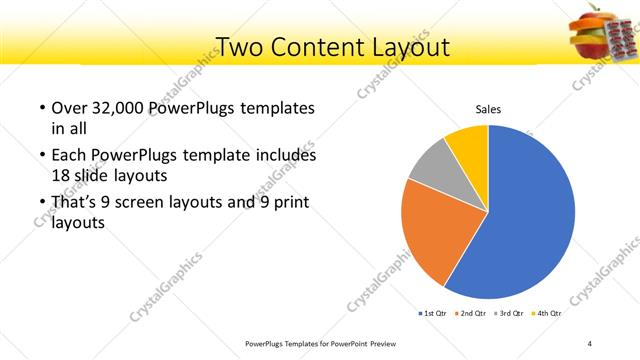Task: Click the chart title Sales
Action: click(487, 110)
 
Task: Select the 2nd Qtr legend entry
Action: click(472, 313)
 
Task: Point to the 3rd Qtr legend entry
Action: click(511, 313)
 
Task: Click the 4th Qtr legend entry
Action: click(548, 313)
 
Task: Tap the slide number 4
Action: click(590, 343)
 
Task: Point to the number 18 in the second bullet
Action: click(60, 174)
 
